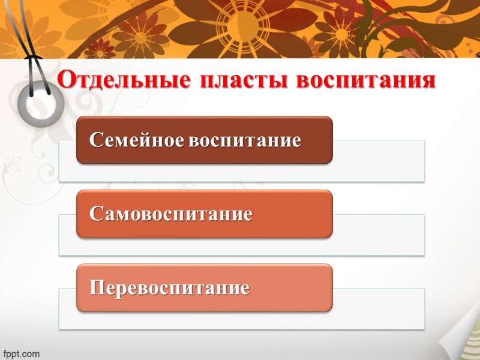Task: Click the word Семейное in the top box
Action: pyautogui.click(x=137, y=140)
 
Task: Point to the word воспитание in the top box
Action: pyautogui.click(x=244, y=140)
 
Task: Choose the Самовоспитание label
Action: pyautogui.click(x=170, y=214)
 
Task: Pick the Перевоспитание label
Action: pyautogui.click(x=169, y=288)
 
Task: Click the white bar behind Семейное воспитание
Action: pyautogui.click(x=378, y=161)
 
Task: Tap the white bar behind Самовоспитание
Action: pyautogui.click(x=378, y=235)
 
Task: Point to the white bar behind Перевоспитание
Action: pyautogui.click(x=378, y=308)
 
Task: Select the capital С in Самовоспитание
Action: pyautogui.click(x=95, y=214)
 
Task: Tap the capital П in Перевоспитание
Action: pyautogui.click(x=97, y=288)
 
